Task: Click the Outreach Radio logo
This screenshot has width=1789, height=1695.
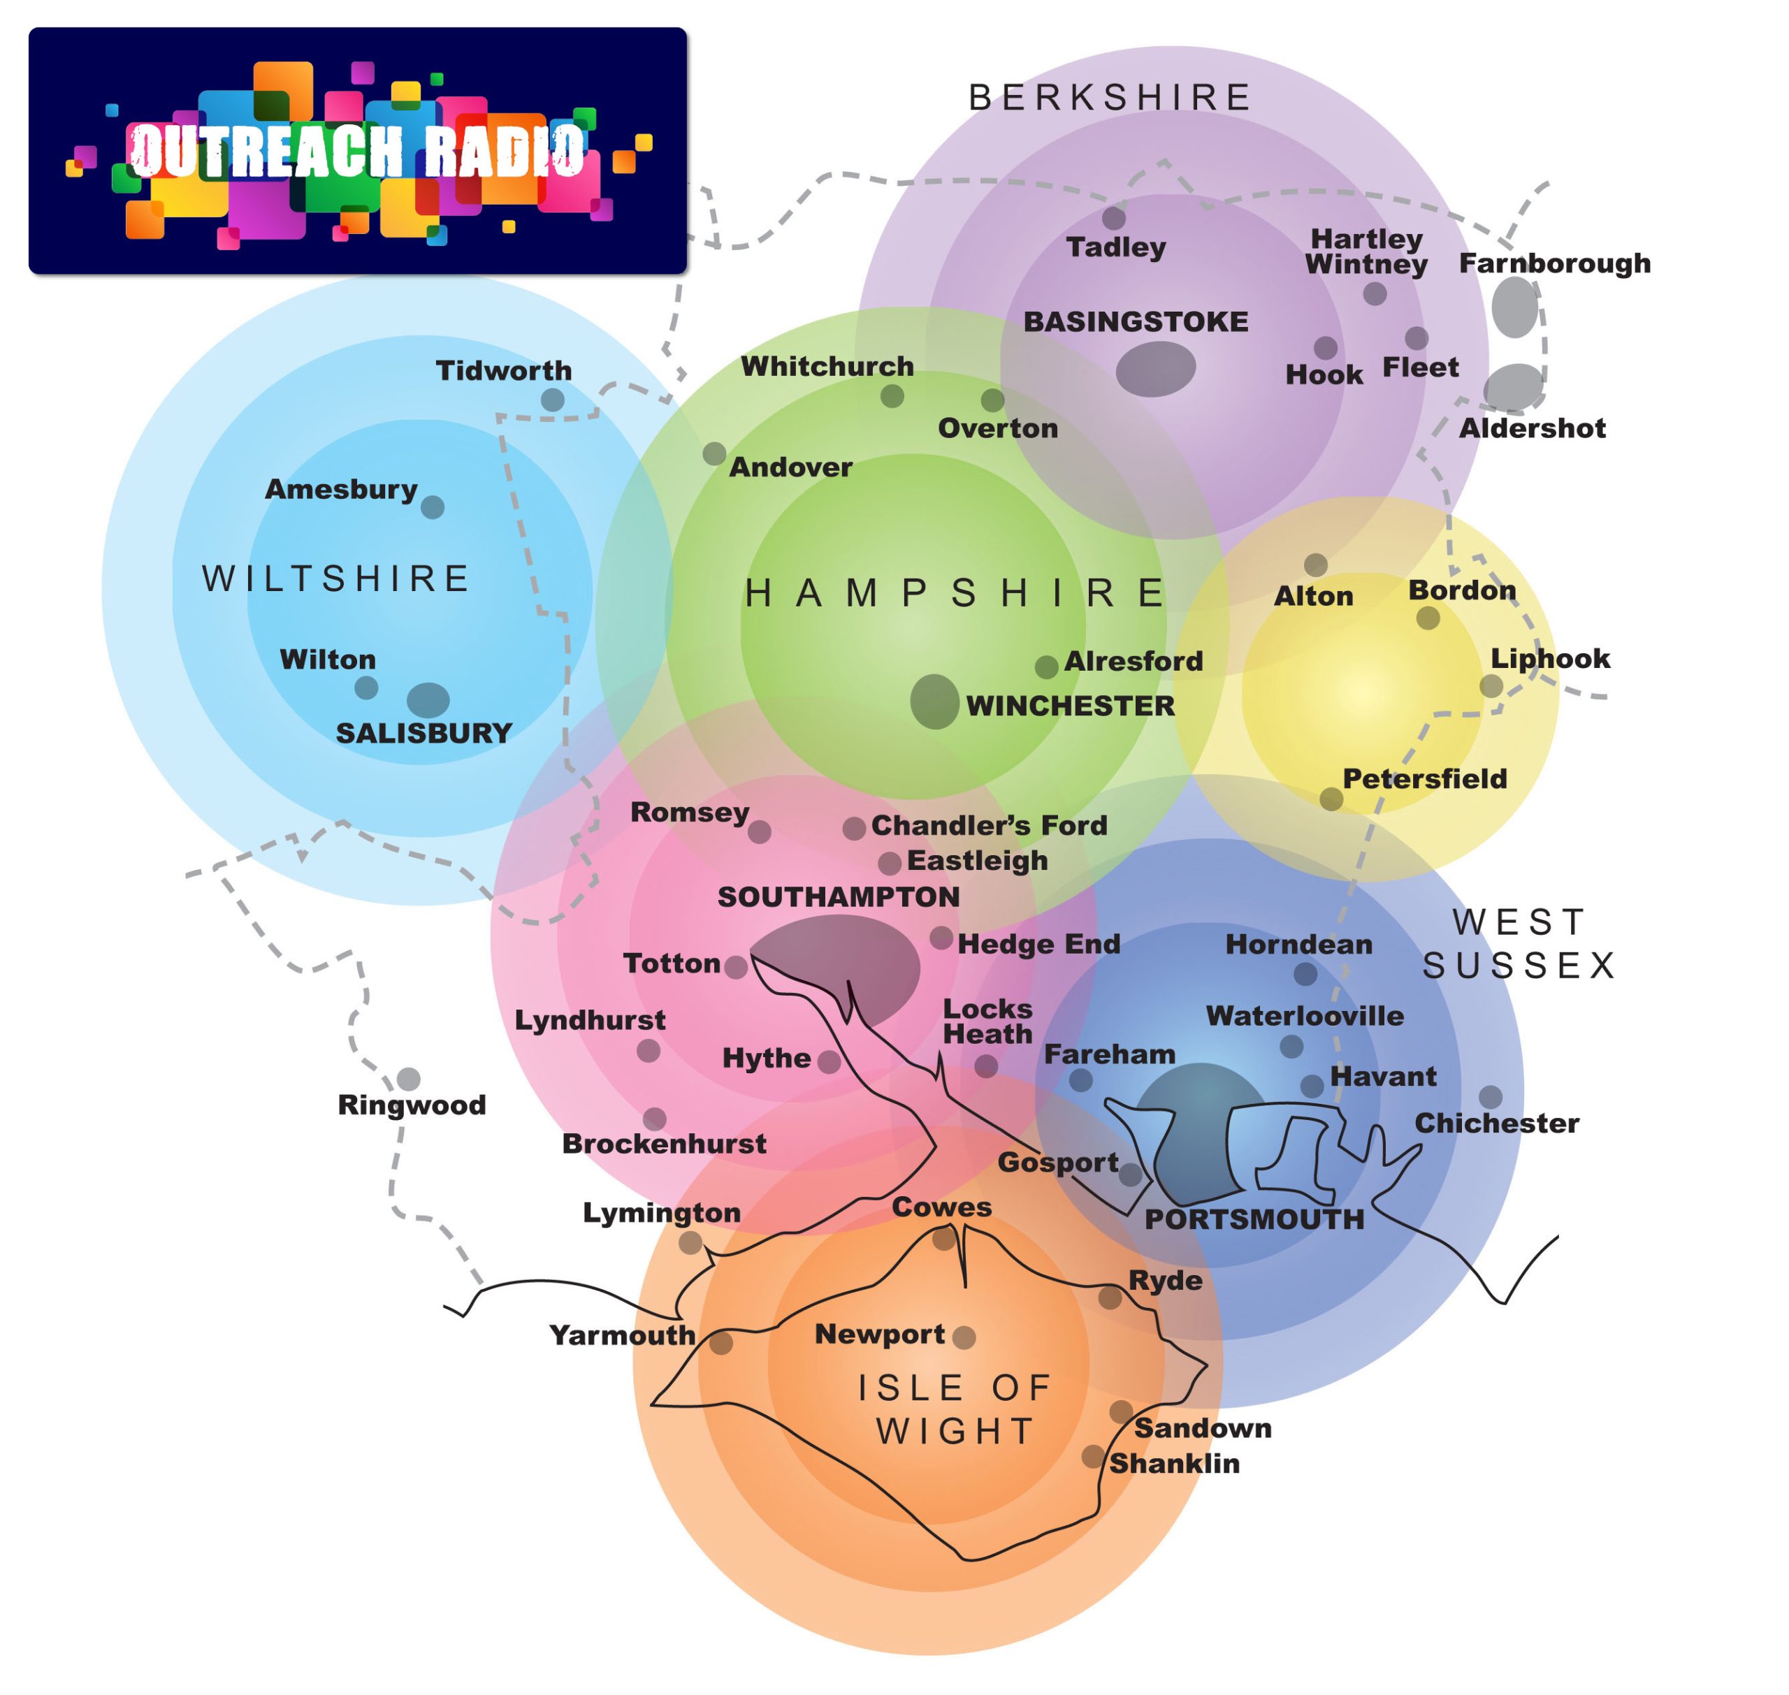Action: click(x=358, y=151)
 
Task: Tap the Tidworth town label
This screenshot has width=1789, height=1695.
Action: click(x=504, y=370)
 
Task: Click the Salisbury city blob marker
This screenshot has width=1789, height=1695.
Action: click(x=428, y=699)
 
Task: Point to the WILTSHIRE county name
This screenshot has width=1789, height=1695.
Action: click(x=336, y=579)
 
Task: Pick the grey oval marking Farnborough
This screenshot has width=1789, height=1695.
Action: click(x=1515, y=307)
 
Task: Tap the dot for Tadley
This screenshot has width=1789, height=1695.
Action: click(x=1114, y=218)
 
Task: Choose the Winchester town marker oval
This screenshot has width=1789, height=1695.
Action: click(x=934, y=701)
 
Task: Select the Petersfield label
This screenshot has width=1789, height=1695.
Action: click(x=1425, y=779)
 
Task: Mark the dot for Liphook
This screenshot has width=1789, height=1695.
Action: click(x=1492, y=686)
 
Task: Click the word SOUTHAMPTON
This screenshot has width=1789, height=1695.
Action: click(x=839, y=896)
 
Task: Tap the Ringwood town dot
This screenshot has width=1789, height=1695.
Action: click(x=408, y=1079)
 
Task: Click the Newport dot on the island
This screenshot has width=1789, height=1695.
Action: click(x=964, y=1337)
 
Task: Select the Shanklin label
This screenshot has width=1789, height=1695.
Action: click(x=1175, y=1464)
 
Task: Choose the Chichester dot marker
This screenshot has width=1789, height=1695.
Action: click(x=1491, y=1097)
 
